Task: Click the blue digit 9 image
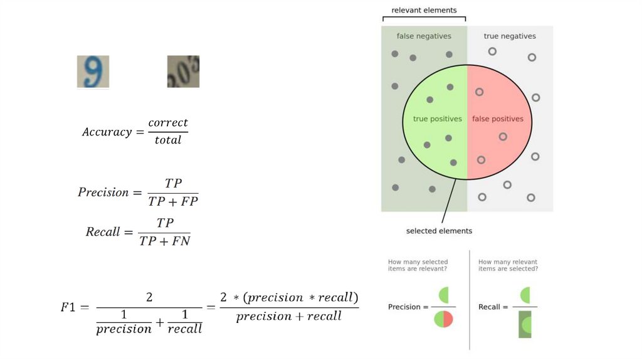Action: click(93, 71)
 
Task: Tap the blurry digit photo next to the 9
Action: click(183, 71)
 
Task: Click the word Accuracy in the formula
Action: click(107, 132)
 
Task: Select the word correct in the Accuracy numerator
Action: click(168, 123)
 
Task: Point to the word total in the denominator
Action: click(168, 140)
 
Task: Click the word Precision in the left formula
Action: click(103, 193)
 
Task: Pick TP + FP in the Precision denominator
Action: click(173, 201)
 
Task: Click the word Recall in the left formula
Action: click(103, 232)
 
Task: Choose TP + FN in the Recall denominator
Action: click(165, 241)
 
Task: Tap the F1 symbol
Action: click(68, 307)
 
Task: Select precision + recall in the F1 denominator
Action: click(289, 316)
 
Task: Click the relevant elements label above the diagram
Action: click(424, 10)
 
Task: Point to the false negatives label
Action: click(424, 36)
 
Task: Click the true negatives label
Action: click(510, 36)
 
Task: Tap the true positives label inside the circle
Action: click(438, 119)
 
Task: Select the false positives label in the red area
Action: click(498, 119)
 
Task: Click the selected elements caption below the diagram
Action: click(439, 231)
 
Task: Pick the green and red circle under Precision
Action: click(443, 319)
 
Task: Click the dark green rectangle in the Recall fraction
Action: click(525, 324)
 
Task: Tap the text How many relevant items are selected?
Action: click(508, 265)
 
